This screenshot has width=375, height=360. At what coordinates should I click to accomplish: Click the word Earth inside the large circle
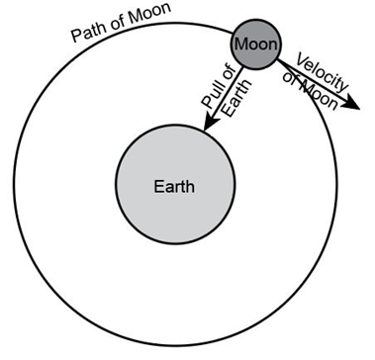pos(174,187)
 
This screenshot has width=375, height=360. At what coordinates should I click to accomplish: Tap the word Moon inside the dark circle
pos(256,45)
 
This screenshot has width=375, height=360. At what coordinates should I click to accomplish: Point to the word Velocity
pos(323,72)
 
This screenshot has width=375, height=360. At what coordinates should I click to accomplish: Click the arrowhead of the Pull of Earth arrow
pos(211,123)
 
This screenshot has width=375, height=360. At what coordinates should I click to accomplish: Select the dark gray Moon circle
pos(256,45)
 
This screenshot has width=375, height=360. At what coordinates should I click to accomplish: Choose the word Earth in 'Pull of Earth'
pos(237,98)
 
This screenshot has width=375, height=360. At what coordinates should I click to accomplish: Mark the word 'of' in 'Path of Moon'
pos(117,24)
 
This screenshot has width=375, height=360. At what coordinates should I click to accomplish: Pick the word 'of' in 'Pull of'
pos(230,73)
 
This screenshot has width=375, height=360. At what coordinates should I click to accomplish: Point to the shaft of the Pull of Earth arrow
pos(229,93)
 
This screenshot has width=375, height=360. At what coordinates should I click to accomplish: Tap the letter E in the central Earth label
pos(159,187)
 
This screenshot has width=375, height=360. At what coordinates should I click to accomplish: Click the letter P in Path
pos(76,37)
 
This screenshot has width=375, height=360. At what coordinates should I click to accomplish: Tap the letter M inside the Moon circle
pos(241,45)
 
